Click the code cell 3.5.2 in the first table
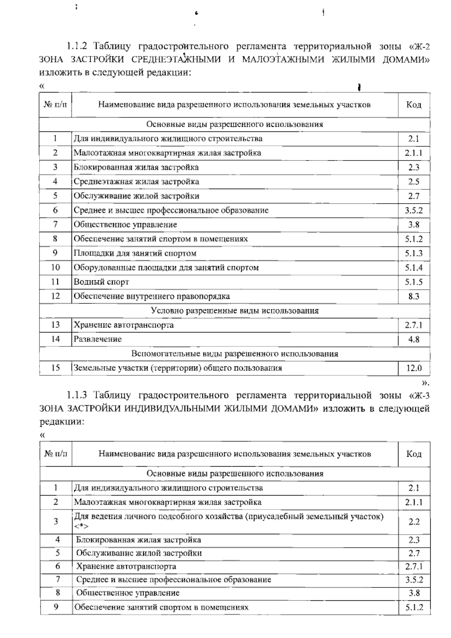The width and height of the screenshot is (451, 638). pos(413,210)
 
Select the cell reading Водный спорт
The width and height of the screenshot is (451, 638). pos(101,282)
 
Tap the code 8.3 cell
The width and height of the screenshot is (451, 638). pos(413,296)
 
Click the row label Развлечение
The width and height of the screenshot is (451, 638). pos(98,339)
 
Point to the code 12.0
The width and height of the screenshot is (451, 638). pos(413,368)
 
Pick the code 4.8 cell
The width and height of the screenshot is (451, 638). pos(413,340)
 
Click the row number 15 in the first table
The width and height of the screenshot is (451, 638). pos(55,368)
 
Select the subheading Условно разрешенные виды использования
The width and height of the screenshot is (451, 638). pos(235,311)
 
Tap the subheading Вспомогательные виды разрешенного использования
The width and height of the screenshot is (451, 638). pos(235,354)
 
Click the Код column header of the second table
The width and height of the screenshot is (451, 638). pos(414,454)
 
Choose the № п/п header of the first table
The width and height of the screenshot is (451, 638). pos(55,104)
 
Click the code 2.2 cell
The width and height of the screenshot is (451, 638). pos(414,522)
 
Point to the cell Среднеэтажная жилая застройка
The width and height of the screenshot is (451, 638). pos(136,182)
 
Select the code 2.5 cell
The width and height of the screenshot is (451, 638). pos(413,182)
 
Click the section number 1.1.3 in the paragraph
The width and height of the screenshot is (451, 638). pos(77,395)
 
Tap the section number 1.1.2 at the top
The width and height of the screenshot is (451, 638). pos(77,47)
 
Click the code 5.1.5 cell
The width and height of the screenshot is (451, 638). pos(413,282)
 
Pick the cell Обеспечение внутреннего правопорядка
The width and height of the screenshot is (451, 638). pos(151,296)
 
